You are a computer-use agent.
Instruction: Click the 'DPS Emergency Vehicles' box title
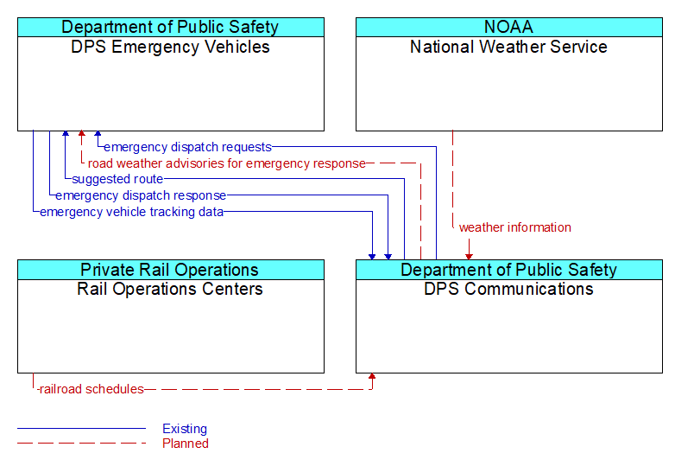tap(170, 47)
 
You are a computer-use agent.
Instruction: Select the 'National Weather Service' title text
tap(508, 47)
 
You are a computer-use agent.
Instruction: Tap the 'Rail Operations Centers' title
tap(170, 289)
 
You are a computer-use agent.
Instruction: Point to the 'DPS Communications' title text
tap(508, 289)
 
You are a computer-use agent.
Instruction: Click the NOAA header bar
tap(508, 27)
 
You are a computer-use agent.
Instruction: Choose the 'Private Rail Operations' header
tap(170, 270)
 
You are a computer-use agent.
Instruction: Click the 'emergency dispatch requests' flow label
tap(187, 147)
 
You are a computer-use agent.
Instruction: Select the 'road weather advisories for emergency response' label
tap(227, 163)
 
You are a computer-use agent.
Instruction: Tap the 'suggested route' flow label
tap(117, 179)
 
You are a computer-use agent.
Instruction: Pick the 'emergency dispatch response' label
tap(141, 195)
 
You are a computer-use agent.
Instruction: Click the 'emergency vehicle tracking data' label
tap(132, 212)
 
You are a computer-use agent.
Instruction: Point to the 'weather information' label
tap(515, 227)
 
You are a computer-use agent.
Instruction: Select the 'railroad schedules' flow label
tap(91, 389)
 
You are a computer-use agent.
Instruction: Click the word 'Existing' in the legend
tap(185, 429)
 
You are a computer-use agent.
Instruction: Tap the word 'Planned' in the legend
tap(186, 444)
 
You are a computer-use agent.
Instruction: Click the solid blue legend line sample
tap(81, 429)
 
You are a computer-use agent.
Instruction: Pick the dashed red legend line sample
tap(81, 443)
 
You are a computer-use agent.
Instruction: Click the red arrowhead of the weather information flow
tap(469, 257)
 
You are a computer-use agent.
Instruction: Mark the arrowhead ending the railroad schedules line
tap(372, 376)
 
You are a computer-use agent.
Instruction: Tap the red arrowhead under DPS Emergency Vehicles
tap(81, 134)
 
